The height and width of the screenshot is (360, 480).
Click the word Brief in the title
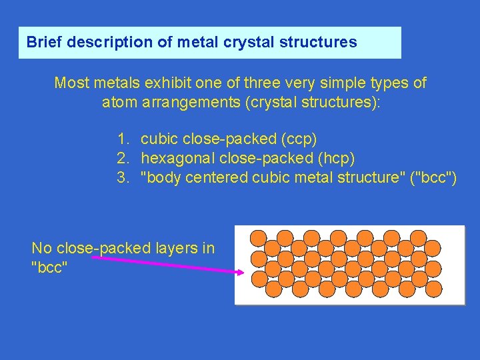43,42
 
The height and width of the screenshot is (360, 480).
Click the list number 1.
122,139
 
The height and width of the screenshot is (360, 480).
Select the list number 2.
122,159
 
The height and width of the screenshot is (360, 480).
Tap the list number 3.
122,177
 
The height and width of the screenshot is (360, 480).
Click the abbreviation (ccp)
299,139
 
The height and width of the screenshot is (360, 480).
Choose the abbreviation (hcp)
337,159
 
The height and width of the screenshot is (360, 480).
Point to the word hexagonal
174,159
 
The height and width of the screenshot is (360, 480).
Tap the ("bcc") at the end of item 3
432,177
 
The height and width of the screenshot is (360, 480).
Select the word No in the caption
41,249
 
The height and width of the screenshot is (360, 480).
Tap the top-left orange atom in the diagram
258,237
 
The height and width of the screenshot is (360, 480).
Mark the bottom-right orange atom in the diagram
433,289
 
